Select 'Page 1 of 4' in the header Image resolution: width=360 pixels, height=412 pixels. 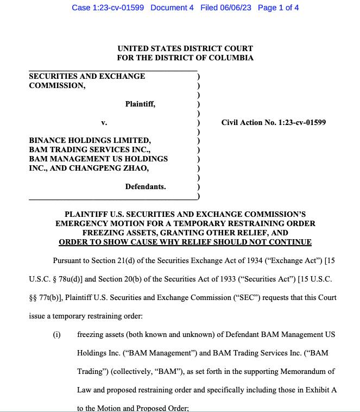click(x=278, y=8)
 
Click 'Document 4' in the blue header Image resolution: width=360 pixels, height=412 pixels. click(x=172, y=8)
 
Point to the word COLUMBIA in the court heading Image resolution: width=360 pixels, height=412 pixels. click(x=230, y=58)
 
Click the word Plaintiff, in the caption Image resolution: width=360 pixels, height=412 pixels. click(x=140, y=104)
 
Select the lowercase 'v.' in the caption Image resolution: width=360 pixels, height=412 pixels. click(x=104, y=122)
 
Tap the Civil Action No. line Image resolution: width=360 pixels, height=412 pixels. click(x=273, y=122)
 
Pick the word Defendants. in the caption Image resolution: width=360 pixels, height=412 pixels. click(x=146, y=186)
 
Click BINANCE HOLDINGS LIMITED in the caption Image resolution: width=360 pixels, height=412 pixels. click(x=90, y=140)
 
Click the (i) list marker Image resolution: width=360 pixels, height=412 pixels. click(x=56, y=334)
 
